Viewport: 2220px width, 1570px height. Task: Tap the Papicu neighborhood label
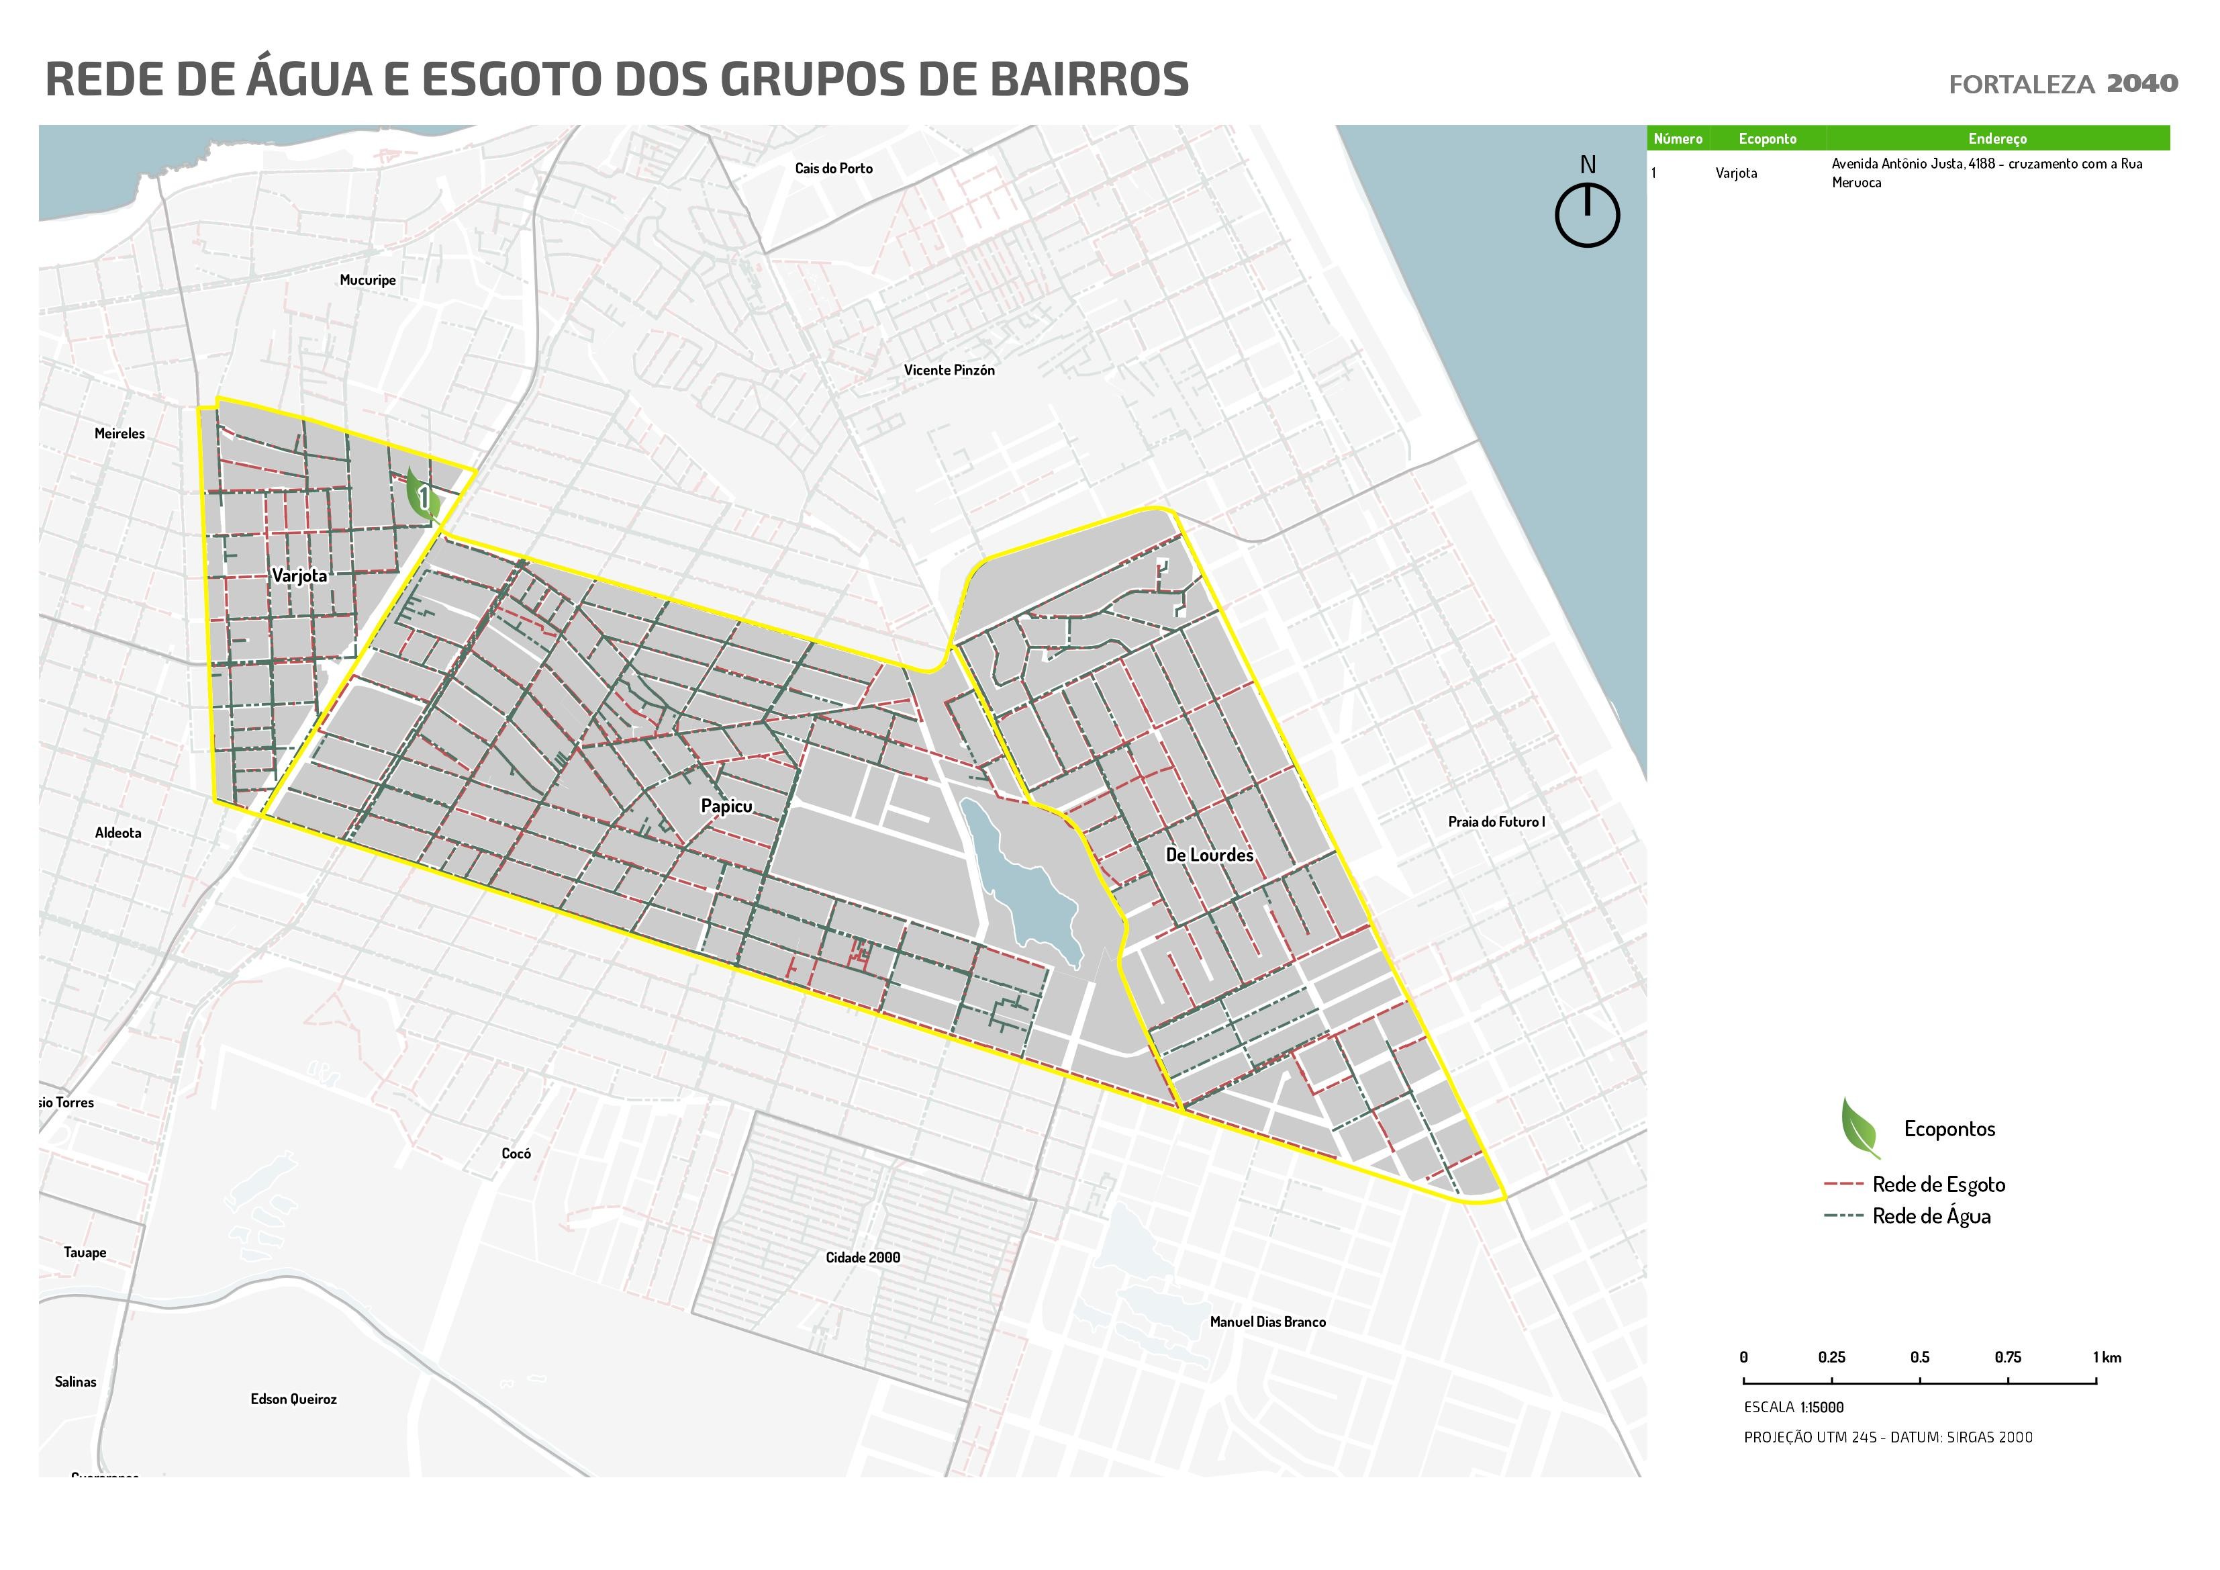726,806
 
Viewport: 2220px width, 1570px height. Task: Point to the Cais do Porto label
834,169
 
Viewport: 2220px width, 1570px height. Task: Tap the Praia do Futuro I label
1496,821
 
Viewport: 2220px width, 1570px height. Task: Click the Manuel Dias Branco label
1267,1322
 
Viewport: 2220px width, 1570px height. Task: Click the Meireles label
120,433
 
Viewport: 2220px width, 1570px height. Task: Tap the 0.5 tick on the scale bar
1919,1381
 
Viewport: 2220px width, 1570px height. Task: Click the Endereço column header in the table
1996,138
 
